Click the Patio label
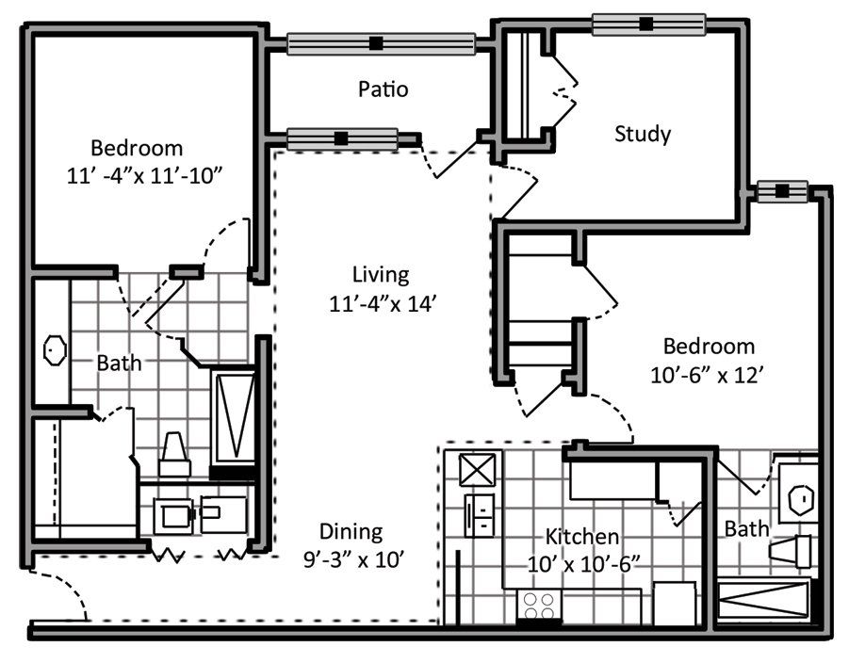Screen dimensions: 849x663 [383, 89]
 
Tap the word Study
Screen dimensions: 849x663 [643, 134]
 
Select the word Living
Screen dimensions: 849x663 [381, 275]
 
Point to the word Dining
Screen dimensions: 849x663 [351, 531]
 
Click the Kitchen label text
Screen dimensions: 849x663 [582, 537]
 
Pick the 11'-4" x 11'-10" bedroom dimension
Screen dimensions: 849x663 [144, 176]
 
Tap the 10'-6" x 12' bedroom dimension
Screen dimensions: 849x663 [707, 375]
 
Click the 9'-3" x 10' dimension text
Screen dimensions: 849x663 [354, 559]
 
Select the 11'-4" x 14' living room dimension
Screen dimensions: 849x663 [383, 303]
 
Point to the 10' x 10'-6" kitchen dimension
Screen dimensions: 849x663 [581, 564]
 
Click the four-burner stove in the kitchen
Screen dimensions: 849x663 [539, 606]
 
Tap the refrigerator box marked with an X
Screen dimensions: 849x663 [477, 469]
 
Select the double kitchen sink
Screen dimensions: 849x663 [480, 515]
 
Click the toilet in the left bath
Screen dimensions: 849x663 [174, 454]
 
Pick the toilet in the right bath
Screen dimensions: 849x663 [791, 551]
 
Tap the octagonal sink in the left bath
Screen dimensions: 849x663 [55, 350]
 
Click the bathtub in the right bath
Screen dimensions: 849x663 [763, 599]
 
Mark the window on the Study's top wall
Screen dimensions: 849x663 [648, 24]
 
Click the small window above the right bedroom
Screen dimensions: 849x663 [782, 191]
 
